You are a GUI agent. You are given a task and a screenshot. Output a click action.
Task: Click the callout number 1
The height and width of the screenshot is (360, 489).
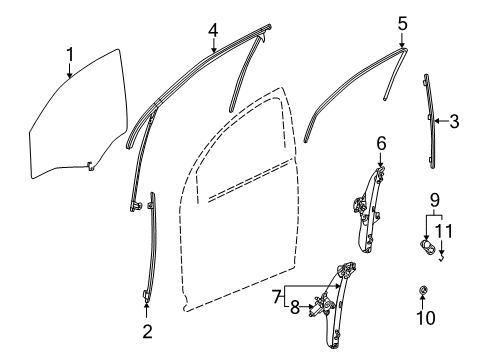[x=69, y=52]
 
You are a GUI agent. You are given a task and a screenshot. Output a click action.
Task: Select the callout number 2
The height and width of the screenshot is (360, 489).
[x=147, y=331]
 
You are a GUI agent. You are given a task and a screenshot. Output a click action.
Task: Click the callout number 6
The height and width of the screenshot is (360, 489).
[x=381, y=144]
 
